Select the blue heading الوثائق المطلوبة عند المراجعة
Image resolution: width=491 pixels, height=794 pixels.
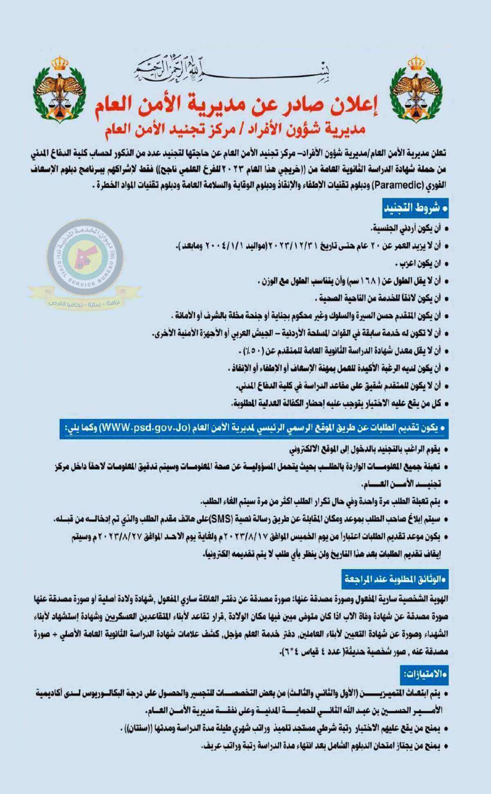(396, 579)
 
